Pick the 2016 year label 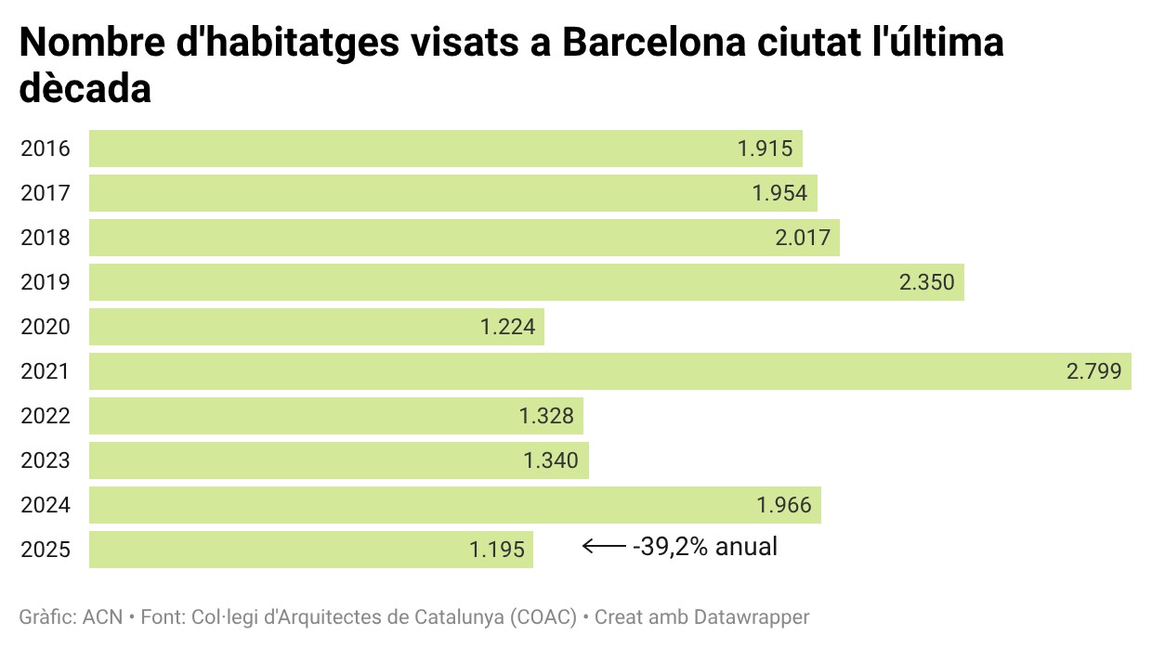point(46,149)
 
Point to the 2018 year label point(46,238)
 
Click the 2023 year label point(46,460)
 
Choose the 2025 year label point(46,550)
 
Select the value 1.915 point(766,149)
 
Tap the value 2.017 point(803,238)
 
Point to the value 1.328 point(546,416)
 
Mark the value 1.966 point(784,505)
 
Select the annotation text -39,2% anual point(705,547)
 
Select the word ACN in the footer point(103,616)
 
